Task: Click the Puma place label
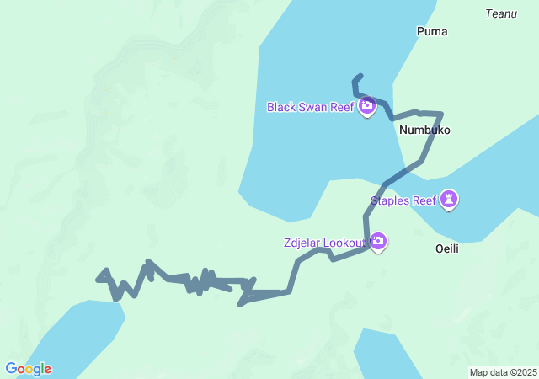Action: coord(432,31)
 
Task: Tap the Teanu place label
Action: coord(501,13)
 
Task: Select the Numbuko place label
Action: coord(424,131)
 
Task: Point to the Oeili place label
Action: coord(446,248)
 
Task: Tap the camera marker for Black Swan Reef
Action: coord(366,106)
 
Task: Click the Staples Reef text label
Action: coord(404,200)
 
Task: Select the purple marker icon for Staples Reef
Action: coord(451,200)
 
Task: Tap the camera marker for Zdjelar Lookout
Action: coord(378,243)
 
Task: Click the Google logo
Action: coord(28,369)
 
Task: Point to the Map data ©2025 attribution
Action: coord(503,372)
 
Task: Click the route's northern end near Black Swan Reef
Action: coord(360,76)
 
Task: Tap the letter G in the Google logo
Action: coord(10,369)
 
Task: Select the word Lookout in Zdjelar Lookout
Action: coord(345,243)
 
